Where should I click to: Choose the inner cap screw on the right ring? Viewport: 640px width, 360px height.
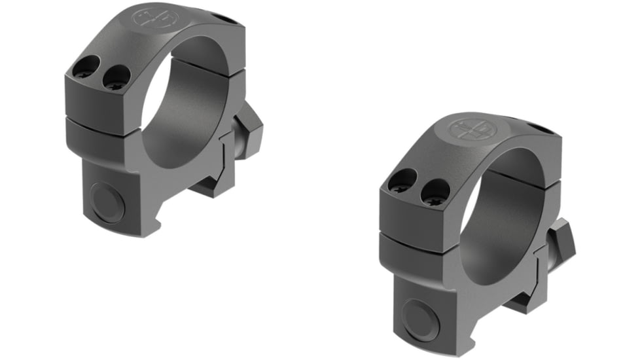click(x=435, y=192)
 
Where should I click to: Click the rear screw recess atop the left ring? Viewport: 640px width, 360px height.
click(x=226, y=19)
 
